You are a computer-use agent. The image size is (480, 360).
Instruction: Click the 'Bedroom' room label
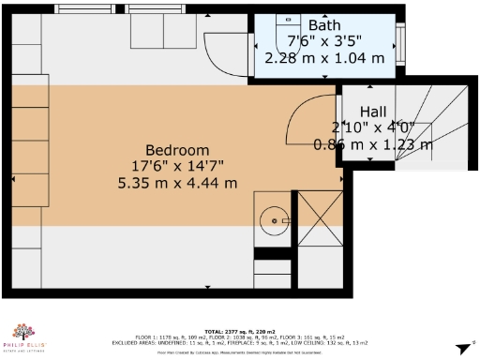(x=177, y=150)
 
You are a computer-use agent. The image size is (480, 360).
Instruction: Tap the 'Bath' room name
(x=324, y=24)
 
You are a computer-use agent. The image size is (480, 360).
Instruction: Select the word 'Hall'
(x=373, y=112)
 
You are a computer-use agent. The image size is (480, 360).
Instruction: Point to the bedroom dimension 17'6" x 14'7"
(x=177, y=166)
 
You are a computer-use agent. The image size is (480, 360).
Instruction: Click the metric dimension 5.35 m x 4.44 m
(x=177, y=182)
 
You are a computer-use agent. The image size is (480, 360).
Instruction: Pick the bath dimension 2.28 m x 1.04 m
(x=324, y=57)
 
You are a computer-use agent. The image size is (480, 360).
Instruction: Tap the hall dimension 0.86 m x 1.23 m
(x=373, y=144)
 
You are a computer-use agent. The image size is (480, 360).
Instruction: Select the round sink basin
(x=275, y=221)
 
